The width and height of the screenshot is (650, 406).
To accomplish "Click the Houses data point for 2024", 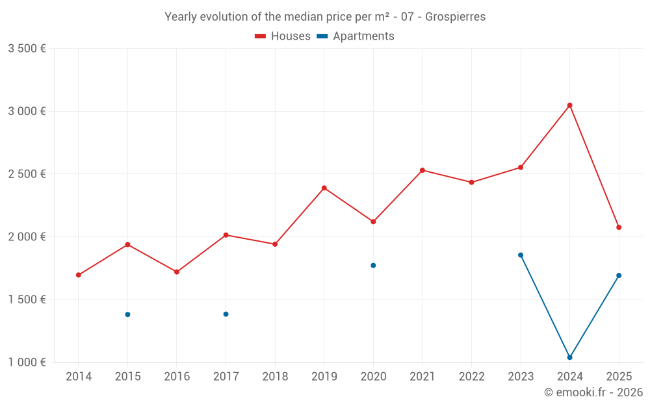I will click(569, 105).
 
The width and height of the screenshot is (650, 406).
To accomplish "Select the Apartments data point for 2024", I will click(569, 357).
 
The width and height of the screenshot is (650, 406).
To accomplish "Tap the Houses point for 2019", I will click(324, 188).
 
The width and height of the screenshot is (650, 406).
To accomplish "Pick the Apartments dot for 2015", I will click(127, 314).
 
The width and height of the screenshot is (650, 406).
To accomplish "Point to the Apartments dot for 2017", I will click(226, 314).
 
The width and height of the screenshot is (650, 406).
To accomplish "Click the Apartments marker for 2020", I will click(373, 265).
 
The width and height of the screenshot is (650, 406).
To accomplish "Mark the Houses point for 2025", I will click(619, 227).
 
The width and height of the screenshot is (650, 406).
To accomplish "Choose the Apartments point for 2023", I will click(521, 255).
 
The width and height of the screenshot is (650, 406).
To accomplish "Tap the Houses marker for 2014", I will click(79, 275).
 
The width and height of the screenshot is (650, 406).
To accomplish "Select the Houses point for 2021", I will click(422, 170).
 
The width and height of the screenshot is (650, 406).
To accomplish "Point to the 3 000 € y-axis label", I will click(27, 111).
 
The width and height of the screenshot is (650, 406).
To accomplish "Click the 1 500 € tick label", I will click(27, 299).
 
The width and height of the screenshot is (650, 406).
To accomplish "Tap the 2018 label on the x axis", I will click(275, 377).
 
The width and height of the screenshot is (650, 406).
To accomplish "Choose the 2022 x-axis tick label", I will click(471, 377).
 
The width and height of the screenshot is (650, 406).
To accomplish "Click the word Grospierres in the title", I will click(456, 17).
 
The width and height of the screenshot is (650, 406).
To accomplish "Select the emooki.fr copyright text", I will click(593, 392).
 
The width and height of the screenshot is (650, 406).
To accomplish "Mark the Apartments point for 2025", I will click(619, 275).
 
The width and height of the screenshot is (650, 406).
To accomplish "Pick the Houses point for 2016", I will click(177, 272).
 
